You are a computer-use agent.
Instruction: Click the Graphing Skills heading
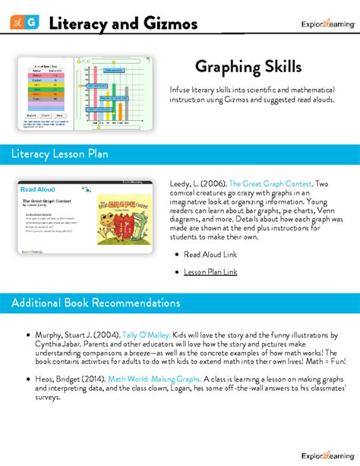click(248, 67)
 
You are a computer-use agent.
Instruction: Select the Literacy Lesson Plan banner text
click(60, 154)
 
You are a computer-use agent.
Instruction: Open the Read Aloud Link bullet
click(210, 255)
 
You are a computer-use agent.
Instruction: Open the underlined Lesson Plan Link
click(210, 271)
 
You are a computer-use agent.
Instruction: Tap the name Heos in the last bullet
click(45, 379)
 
